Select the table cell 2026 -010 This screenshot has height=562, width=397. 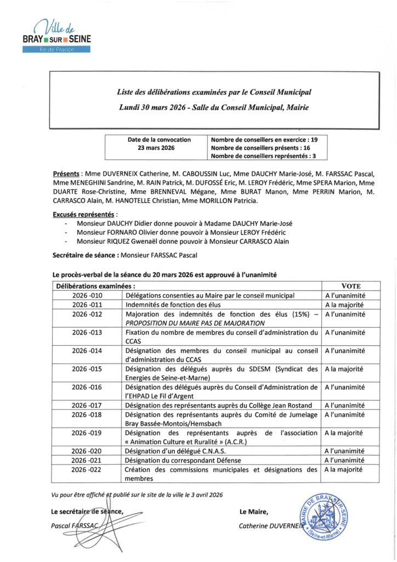87,295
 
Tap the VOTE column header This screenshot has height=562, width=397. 351,286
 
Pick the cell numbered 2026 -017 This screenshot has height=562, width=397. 87,406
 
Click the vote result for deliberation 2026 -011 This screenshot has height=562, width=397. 344,305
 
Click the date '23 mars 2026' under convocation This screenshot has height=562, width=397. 156,148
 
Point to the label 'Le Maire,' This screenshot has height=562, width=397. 253,512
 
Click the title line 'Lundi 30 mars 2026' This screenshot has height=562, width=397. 214,108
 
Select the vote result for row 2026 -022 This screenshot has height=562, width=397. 344,470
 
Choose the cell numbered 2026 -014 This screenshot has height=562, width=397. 87,350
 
